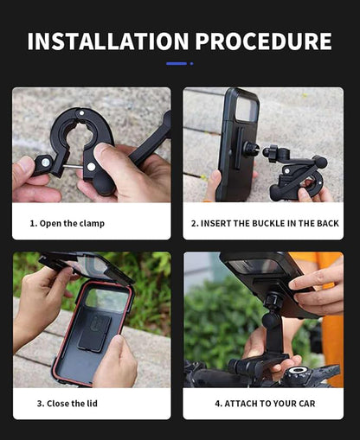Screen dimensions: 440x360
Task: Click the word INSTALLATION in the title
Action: [100, 41]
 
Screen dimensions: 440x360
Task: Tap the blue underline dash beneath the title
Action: [177, 63]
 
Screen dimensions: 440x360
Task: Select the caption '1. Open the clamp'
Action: [67, 223]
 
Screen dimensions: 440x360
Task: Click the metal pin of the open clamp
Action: [74, 166]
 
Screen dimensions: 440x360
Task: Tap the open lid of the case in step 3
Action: [87, 267]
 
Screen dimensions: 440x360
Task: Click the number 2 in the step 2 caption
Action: [194, 223]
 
